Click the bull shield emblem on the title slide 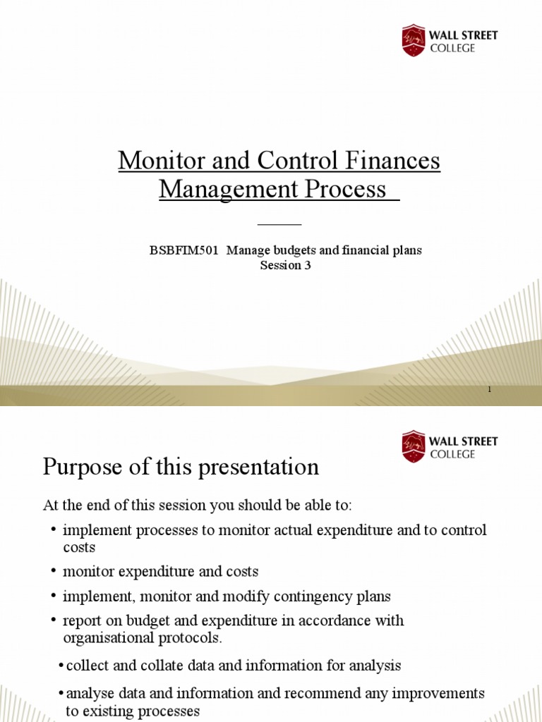click(414, 41)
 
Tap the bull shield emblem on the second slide click(414, 447)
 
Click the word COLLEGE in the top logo click(453, 49)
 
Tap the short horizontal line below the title click(279, 224)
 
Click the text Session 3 click(286, 266)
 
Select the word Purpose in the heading click(84, 467)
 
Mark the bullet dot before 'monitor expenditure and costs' click(54, 571)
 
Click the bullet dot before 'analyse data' click(61, 694)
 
